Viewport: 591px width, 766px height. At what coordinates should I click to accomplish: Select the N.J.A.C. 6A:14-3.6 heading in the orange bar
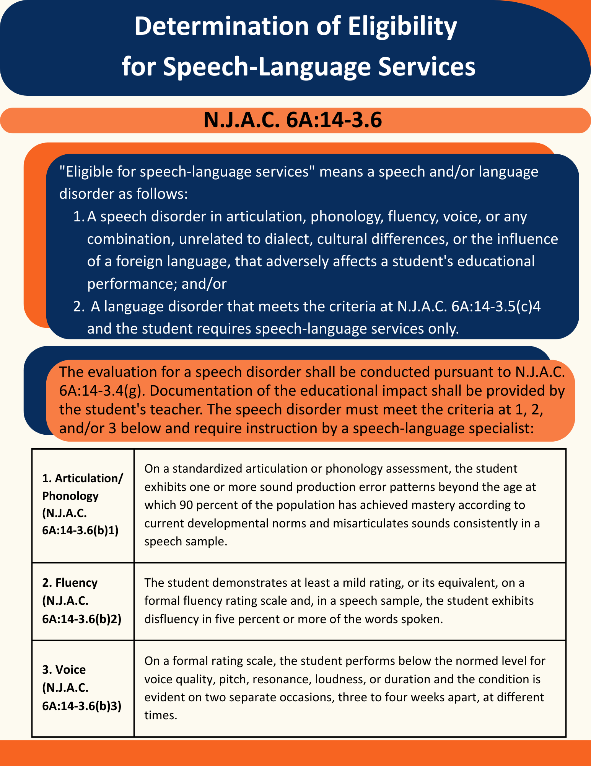[x=293, y=120]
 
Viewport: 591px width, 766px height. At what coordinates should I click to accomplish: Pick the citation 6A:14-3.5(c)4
[x=496, y=306]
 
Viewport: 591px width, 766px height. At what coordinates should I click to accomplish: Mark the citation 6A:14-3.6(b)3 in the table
[x=82, y=705]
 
